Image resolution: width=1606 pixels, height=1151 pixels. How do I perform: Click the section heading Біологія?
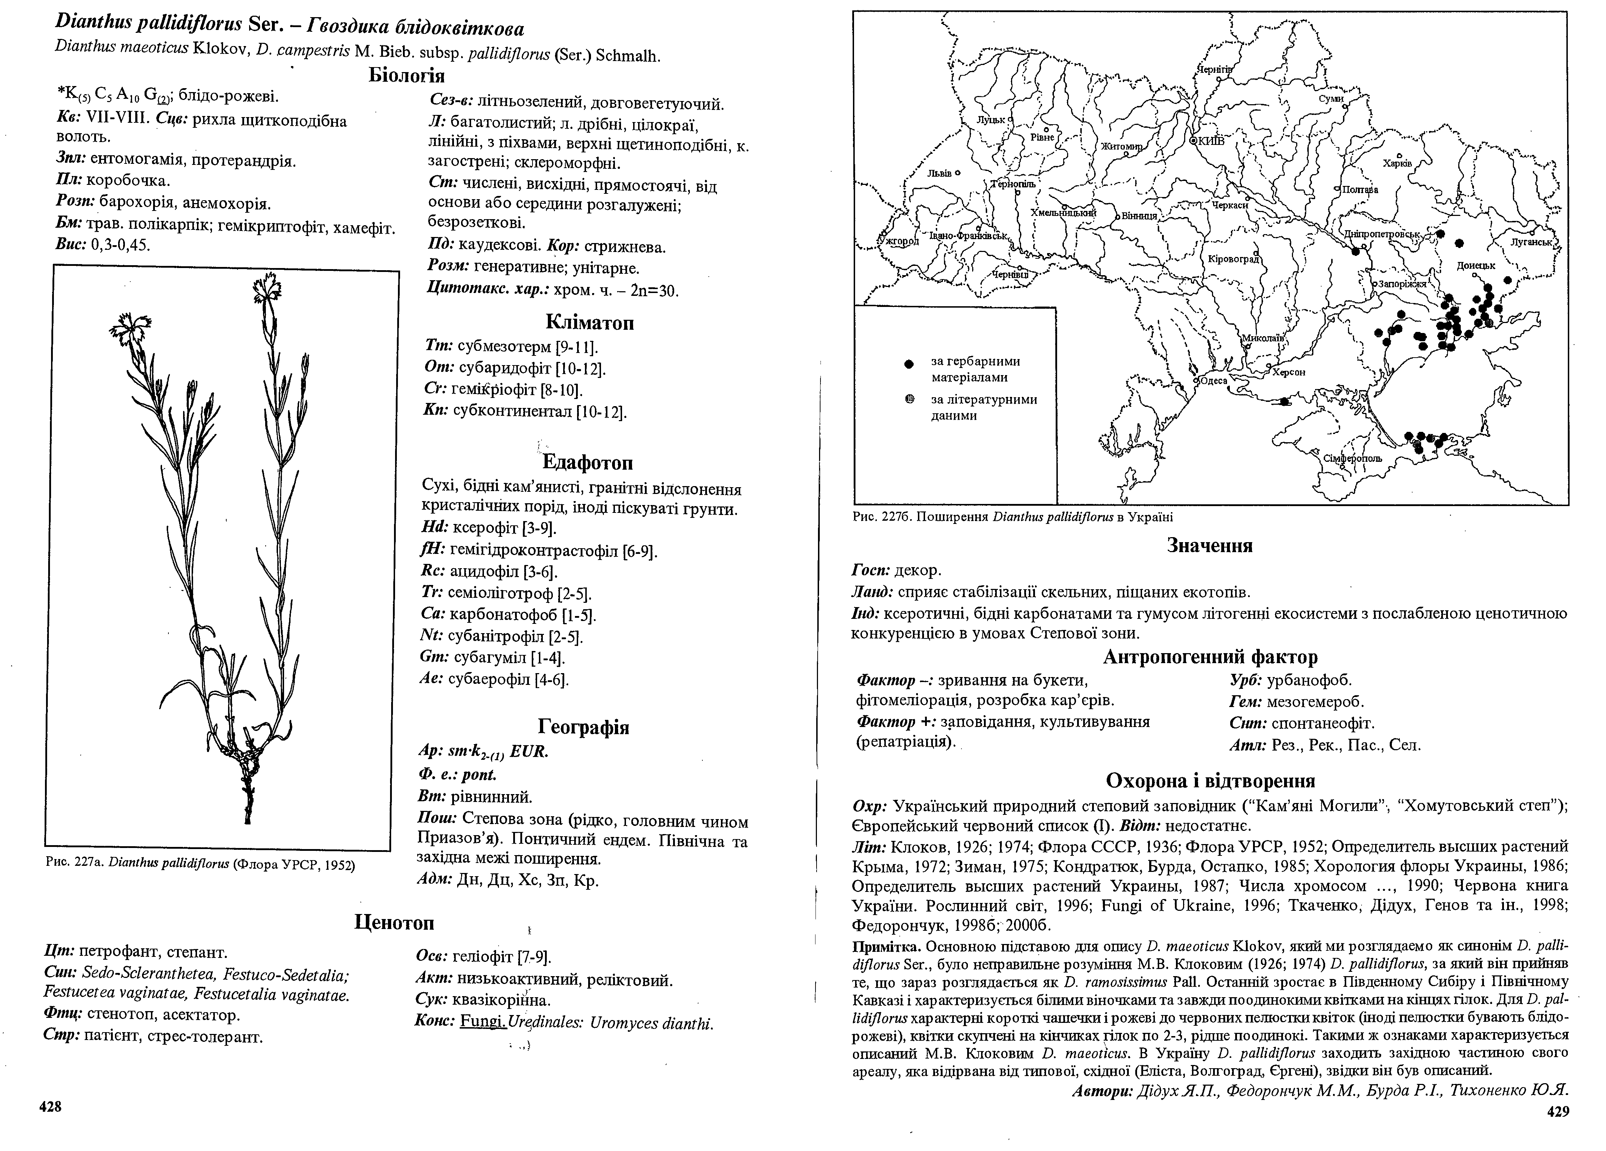pos(406,75)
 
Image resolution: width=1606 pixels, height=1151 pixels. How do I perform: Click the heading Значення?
pos(1209,545)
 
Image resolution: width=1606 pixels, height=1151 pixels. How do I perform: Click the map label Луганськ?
pos(1531,242)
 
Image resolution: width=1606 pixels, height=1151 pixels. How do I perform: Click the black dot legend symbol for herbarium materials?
pos(910,363)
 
